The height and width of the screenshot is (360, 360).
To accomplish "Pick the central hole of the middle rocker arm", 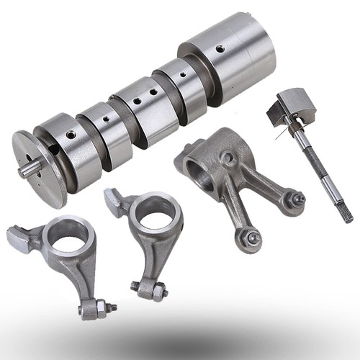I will [x=154, y=214].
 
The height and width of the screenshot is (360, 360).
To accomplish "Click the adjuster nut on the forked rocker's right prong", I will [x=294, y=196].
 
